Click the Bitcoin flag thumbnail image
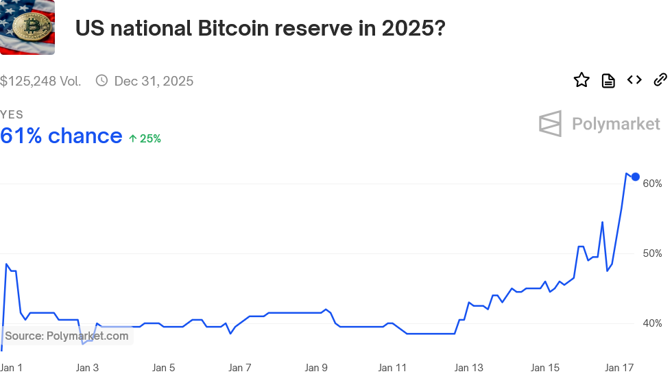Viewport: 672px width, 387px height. (27, 27)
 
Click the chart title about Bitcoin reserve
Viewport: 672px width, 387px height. (260, 29)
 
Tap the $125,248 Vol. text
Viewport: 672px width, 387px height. (40, 81)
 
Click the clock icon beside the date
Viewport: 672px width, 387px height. (101, 81)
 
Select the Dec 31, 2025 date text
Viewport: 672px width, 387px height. (154, 81)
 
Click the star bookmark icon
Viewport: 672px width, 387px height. (581, 80)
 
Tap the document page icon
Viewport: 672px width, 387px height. (608, 81)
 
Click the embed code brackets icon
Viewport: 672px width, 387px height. (634, 80)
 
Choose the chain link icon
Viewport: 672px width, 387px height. (660, 80)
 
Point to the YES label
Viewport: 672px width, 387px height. (12, 115)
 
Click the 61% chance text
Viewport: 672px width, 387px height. (61, 136)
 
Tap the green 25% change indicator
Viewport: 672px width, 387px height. (145, 138)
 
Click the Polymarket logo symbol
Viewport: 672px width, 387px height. (550, 124)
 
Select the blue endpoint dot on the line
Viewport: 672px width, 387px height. (636, 177)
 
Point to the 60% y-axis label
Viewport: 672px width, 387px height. (652, 184)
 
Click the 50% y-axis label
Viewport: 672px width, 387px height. (652, 253)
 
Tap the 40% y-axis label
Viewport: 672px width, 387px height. (652, 323)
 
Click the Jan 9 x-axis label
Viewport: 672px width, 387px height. (316, 368)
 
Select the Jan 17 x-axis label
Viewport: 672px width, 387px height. (619, 368)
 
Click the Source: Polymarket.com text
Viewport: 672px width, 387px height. (67, 336)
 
